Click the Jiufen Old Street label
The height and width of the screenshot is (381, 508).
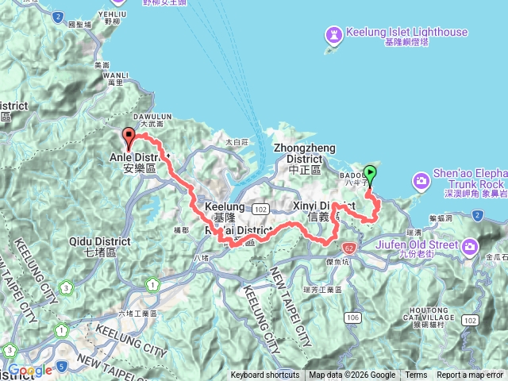point(422,244)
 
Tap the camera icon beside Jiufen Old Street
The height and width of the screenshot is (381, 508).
point(471,245)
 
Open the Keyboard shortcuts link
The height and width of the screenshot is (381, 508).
point(265,375)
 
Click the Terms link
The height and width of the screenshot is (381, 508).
point(416,375)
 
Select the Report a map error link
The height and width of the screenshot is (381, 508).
point(470,375)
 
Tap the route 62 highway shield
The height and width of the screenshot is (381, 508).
point(349,248)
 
